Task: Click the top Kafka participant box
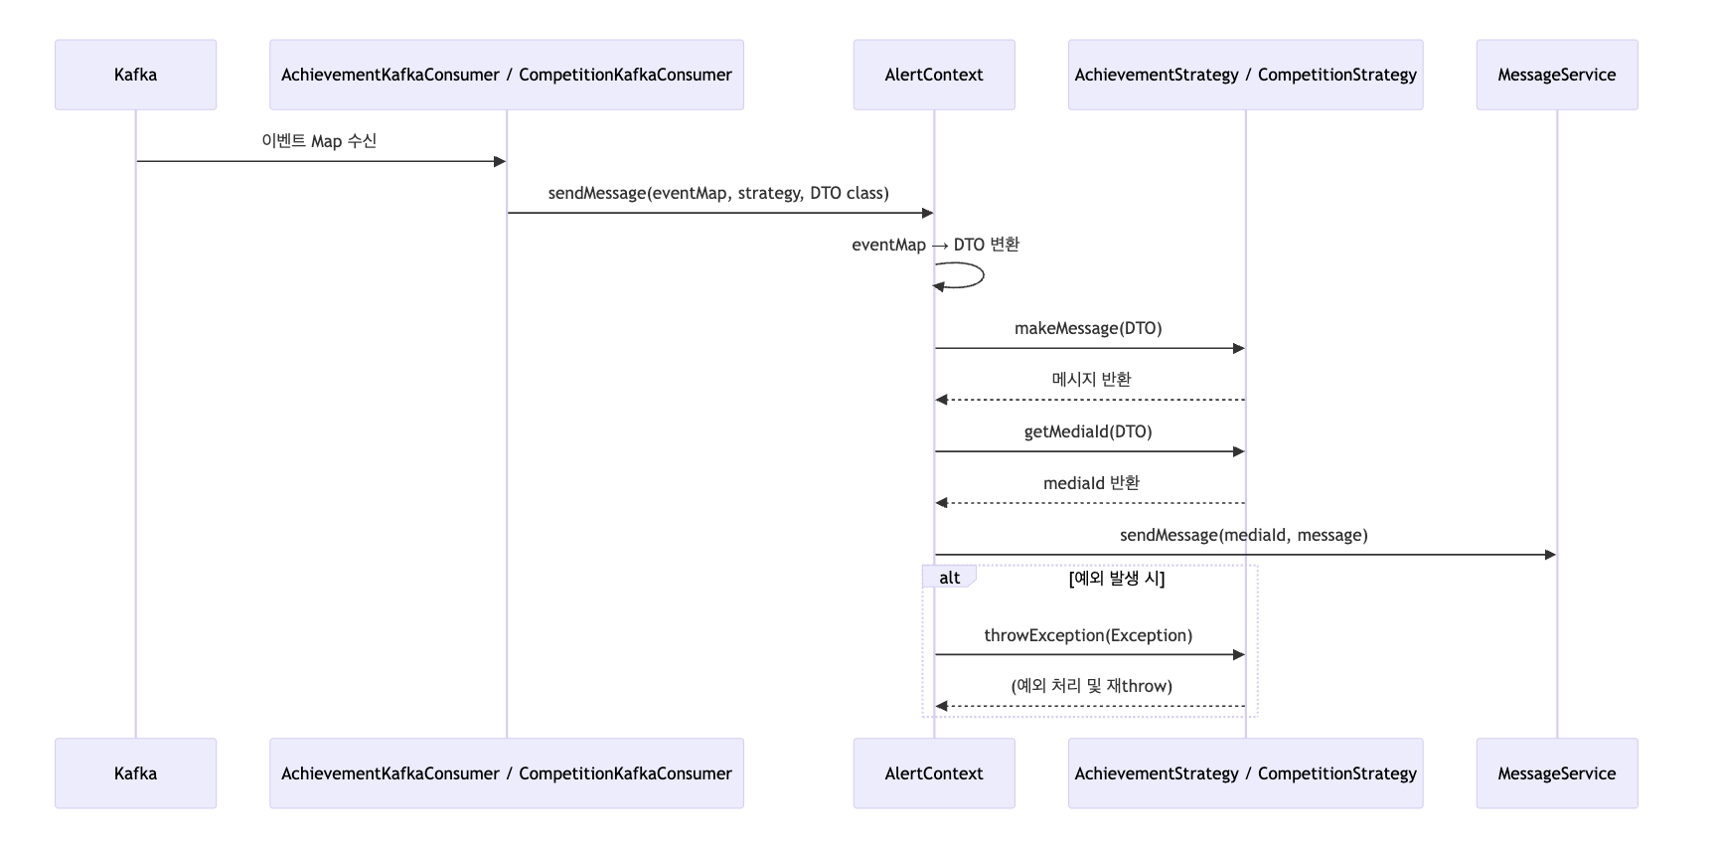tap(135, 75)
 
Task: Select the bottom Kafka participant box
tap(135, 773)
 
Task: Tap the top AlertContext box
tap(934, 75)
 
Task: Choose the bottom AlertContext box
tap(934, 773)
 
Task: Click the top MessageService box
tap(1557, 75)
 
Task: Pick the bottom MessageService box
tap(1557, 773)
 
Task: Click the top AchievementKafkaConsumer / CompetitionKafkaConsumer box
tap(507, 75)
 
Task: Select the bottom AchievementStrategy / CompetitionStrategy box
tap(1246, 773)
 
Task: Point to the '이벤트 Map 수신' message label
tap(319, 141)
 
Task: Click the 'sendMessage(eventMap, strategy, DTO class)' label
tap(718, 193)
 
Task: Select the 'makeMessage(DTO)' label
tap(1088, 328)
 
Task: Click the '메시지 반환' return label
tap(1091, 379)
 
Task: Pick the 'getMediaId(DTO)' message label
tap(1088, 431)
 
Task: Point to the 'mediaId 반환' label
tap(1091, 483)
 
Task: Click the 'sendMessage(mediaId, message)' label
tap(1244, 535)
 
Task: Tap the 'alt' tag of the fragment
tap(949, 578)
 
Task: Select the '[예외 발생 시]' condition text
tap(1117, 579)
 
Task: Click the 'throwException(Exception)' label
tap(1088, 635)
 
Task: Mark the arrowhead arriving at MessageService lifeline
tap(1550, 555)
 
